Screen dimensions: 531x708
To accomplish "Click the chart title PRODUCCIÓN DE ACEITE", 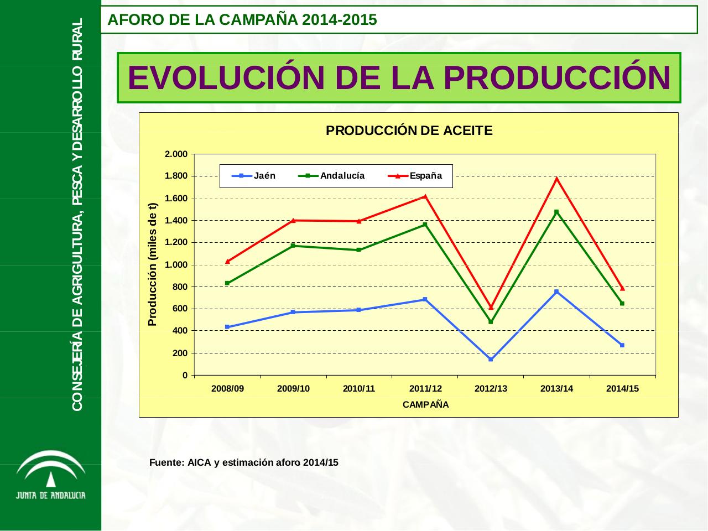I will coord(409,131).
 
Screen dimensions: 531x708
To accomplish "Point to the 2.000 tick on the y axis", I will coord(176,154).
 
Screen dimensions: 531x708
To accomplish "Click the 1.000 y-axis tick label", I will coord(176,265).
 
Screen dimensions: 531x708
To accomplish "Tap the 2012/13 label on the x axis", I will coord(491,389).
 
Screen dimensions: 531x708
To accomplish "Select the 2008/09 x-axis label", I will coord(227,389).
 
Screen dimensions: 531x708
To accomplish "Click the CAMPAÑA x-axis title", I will coord(425,405).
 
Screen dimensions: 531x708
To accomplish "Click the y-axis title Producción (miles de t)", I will coord(152,264).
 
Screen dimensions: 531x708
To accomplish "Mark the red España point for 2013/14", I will coord(556,179).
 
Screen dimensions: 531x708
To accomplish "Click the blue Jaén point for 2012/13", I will coord(491,360).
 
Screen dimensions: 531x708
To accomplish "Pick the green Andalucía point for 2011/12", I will coord(425,225).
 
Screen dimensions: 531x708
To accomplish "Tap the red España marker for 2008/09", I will coord(227,261).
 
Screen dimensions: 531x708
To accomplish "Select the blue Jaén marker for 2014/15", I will coord(622,345).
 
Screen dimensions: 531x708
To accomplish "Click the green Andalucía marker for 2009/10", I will coord(293,246).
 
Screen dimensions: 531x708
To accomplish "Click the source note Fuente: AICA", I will coord(243,463).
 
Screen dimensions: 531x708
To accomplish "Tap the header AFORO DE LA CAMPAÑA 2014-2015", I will coord(242,20).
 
